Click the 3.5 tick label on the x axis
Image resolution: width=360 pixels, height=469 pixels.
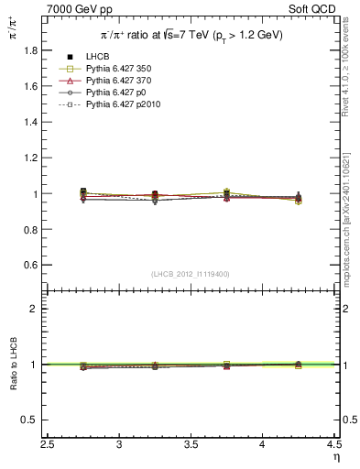coord(191,445)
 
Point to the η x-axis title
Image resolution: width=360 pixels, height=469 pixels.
coord(335,456)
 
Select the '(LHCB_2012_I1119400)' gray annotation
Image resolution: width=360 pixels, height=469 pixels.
coord(190,274)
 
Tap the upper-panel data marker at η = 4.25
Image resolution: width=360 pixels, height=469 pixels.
coord(298,197)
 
